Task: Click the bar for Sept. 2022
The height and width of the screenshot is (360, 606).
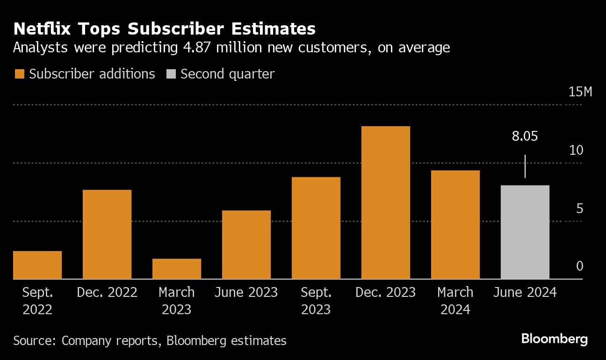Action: click(37, 265)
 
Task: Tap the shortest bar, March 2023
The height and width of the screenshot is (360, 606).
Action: click(177, 269)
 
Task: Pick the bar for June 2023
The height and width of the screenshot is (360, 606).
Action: click(246, 245)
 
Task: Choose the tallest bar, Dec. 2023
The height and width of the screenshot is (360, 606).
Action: click(386, 203)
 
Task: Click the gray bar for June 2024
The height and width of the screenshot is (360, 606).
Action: click(525, 232)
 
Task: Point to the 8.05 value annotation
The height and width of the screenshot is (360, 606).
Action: click(525, 137)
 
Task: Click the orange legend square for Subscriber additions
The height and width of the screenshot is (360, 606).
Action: click(19, 74)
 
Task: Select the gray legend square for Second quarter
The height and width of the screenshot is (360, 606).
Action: click(171, 74)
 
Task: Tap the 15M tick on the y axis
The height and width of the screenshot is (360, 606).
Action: click(580, 92)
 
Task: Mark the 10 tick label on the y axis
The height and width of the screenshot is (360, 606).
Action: click(577, 150)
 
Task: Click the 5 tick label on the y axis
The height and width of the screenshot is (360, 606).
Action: click(580, 208)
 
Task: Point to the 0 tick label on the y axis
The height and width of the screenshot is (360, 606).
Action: click(580, 266)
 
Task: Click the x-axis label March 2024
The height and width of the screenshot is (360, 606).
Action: click(455, 301)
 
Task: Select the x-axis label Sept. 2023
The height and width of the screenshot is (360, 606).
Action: click(316, 301)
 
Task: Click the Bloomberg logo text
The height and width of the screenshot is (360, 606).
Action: click(555, 339)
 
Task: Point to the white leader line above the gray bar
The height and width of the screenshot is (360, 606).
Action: click(525, 166)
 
